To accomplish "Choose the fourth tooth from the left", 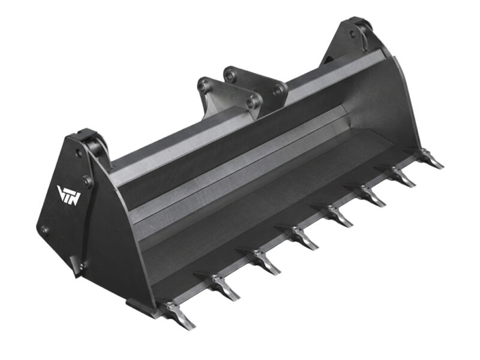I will [x=300, y=238].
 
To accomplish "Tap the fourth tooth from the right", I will [x=334, y=215].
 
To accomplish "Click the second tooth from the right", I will [x=399, y=177].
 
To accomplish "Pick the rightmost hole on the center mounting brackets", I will [x=278, y=91].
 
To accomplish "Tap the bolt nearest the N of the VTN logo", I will [x=88, y=181].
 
